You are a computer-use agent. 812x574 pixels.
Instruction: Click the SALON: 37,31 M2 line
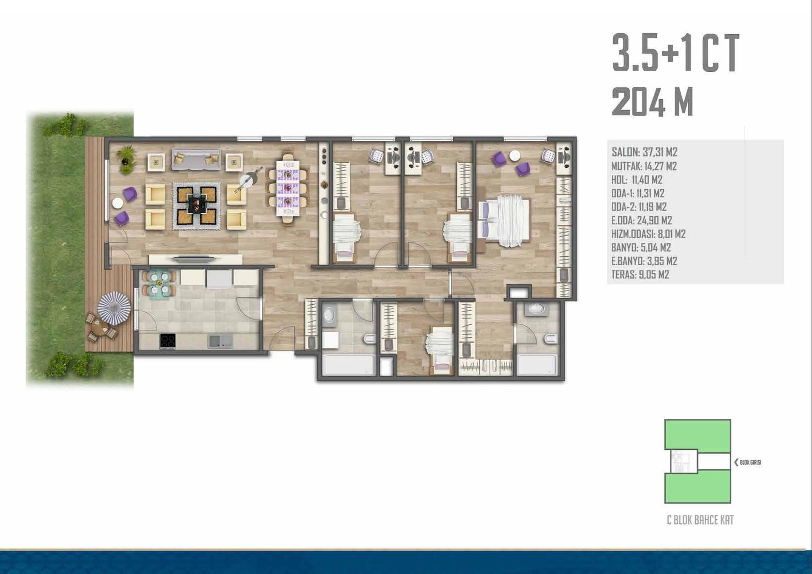(644, 152)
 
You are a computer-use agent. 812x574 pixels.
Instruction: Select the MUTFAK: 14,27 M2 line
(644, 166)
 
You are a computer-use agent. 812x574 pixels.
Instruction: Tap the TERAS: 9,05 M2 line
(640, 274)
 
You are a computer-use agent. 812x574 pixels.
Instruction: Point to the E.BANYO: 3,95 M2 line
(644, 261)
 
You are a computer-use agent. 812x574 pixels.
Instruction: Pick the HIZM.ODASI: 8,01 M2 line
(648, 234)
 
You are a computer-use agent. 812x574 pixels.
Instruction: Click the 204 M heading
(653, 102)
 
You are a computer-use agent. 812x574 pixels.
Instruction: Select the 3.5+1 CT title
(675, 53)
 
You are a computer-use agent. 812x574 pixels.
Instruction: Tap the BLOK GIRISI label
(750, 462)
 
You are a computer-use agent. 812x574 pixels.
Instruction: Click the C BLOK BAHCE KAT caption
(700, 520)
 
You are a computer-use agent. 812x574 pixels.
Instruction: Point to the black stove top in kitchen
(168, 341)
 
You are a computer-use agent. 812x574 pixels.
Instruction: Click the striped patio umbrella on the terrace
(114, 308)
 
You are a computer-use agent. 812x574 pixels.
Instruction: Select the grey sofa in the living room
(196, 159)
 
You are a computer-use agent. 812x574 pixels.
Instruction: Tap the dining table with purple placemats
(288, 188)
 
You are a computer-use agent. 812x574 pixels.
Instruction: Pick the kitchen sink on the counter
(220, 341)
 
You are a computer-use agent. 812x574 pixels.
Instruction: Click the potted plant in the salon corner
(126, 159)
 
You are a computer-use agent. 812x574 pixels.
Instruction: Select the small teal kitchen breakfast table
(159, 283)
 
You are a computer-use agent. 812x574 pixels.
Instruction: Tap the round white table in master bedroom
(515, 156)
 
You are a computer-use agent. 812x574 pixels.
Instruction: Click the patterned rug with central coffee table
(197, 206)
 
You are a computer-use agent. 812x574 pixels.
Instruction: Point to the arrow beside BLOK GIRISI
(736, 462)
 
